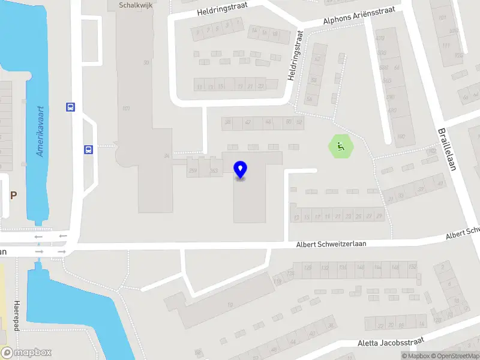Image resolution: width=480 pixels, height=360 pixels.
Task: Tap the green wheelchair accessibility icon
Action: coord(341,146)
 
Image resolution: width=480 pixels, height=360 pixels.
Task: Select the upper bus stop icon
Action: coord(70,107)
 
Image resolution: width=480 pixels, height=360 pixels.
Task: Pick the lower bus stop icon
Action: coord(88,150)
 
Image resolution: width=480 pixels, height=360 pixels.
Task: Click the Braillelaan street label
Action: coord(447,149)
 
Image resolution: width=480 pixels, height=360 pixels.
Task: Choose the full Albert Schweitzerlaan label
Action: coord(331,244)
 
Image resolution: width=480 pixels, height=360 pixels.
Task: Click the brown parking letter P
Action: coord(13,196)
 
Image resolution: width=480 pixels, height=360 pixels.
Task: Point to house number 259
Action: coord(193,171)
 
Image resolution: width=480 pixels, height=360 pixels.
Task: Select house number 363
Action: coord(214,171)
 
